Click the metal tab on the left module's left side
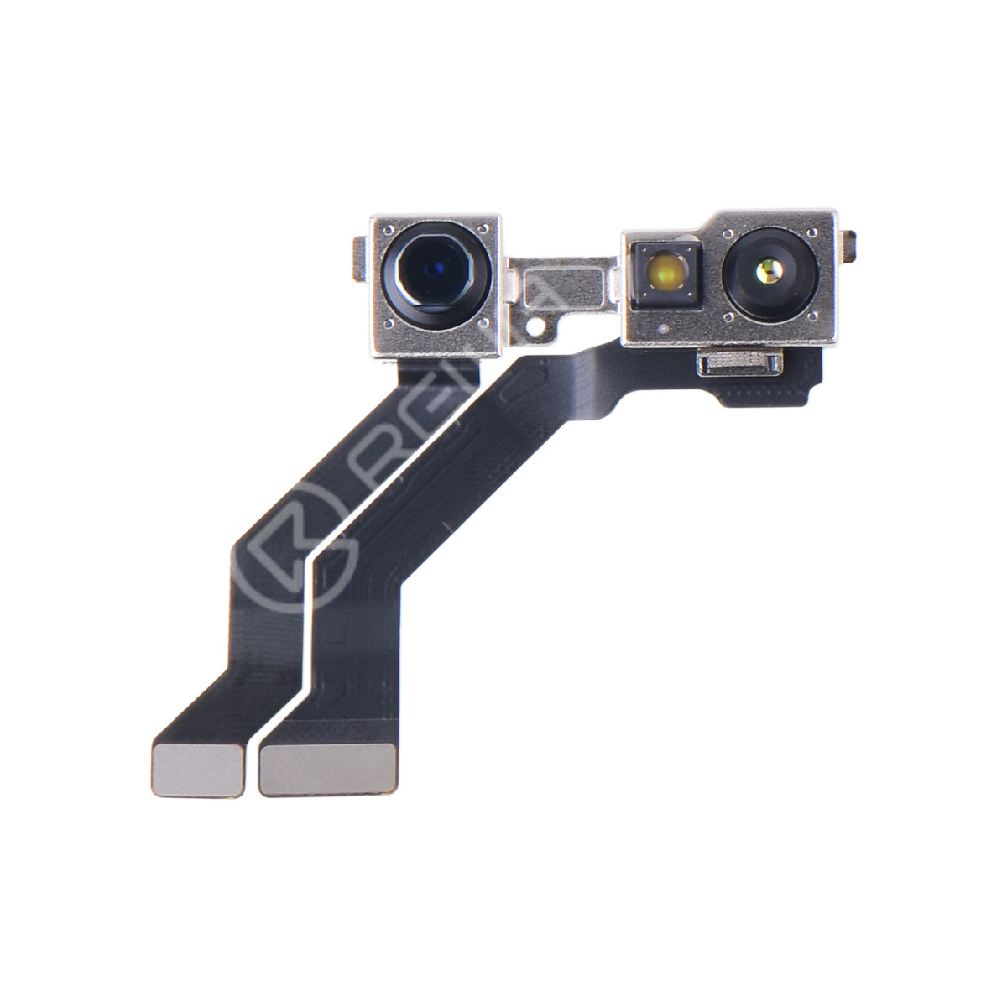point(361,257)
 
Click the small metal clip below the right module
point(738,363)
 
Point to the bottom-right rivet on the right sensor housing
point(811,316)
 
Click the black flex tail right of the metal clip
point(802,373)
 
